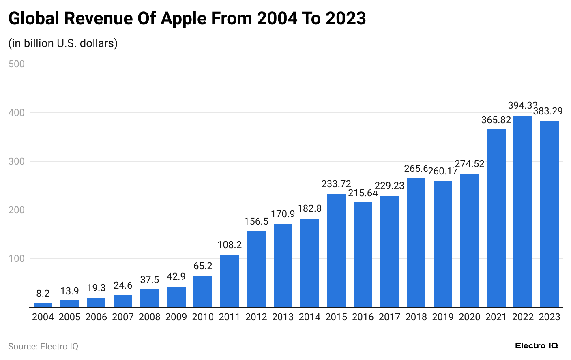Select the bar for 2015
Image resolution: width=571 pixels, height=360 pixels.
(x=336, y=250)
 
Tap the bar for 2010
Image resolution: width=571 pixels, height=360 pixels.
(x=202, y=291)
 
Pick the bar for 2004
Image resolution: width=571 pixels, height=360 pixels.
(x=43, y=305)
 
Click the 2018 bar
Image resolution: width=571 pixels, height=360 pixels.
(x=416, y=242)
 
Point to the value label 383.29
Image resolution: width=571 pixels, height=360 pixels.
(x=547, y=111)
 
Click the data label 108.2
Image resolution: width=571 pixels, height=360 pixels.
(x=229, y=245)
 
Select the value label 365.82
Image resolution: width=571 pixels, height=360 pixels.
(x=496, y=120)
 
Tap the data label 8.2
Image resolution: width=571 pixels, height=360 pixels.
(x=43, y=294)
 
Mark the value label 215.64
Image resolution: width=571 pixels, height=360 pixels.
(x=363, y=193)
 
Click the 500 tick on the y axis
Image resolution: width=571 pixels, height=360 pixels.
(x=17, y=64)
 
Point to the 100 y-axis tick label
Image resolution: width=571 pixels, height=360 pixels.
(x=17, y=259)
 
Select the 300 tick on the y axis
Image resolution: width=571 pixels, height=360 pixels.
(x=17, y=161)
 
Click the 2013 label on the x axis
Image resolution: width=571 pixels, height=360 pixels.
(x=283, y=317)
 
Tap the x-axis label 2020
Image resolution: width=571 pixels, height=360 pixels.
(x=469, y=317)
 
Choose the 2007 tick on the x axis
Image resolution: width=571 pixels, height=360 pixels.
(x=122, y=317)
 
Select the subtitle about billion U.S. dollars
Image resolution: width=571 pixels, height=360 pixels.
(x=63, y=43)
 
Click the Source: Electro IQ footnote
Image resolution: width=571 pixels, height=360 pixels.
(x=43, y=347)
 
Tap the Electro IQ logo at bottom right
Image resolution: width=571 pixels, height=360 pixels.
(x=536, y=346)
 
